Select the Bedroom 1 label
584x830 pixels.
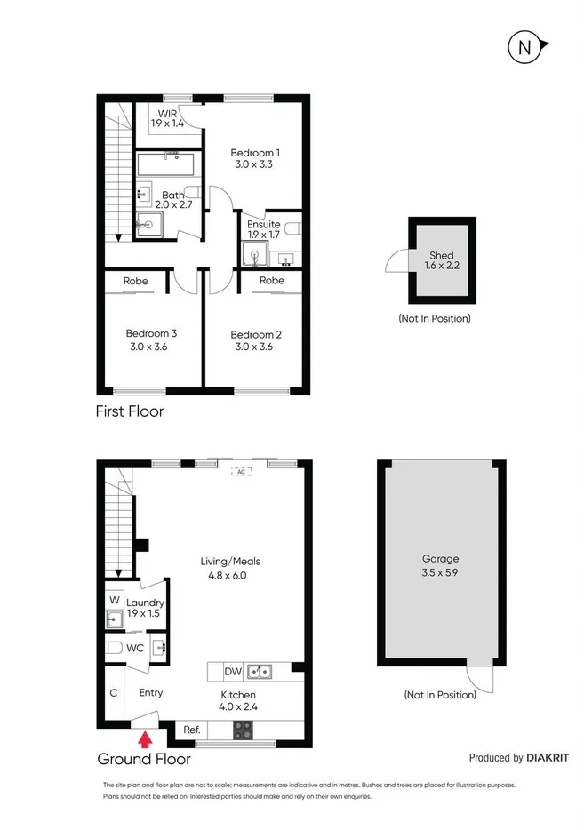click(x=255, y=151)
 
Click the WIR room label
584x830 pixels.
click(x=168, y=115)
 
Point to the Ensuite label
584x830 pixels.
click(x=264, y=225)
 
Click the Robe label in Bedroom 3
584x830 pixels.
click(x=136, y=281)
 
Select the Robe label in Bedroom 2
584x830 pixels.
click(x=272, y=281)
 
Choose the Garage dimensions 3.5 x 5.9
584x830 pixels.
click(x=441, y=572)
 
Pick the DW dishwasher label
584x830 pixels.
click(x=233, y=672)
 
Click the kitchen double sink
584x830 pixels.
click(x=260, y=672)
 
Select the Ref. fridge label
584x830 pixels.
click(x=191, y=730)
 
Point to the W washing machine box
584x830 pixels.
click(x=115, y=600)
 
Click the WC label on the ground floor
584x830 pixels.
click(x=135, y=648)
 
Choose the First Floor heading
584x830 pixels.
click(x=130, y=411)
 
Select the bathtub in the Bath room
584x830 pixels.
click(x=165, y=165)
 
